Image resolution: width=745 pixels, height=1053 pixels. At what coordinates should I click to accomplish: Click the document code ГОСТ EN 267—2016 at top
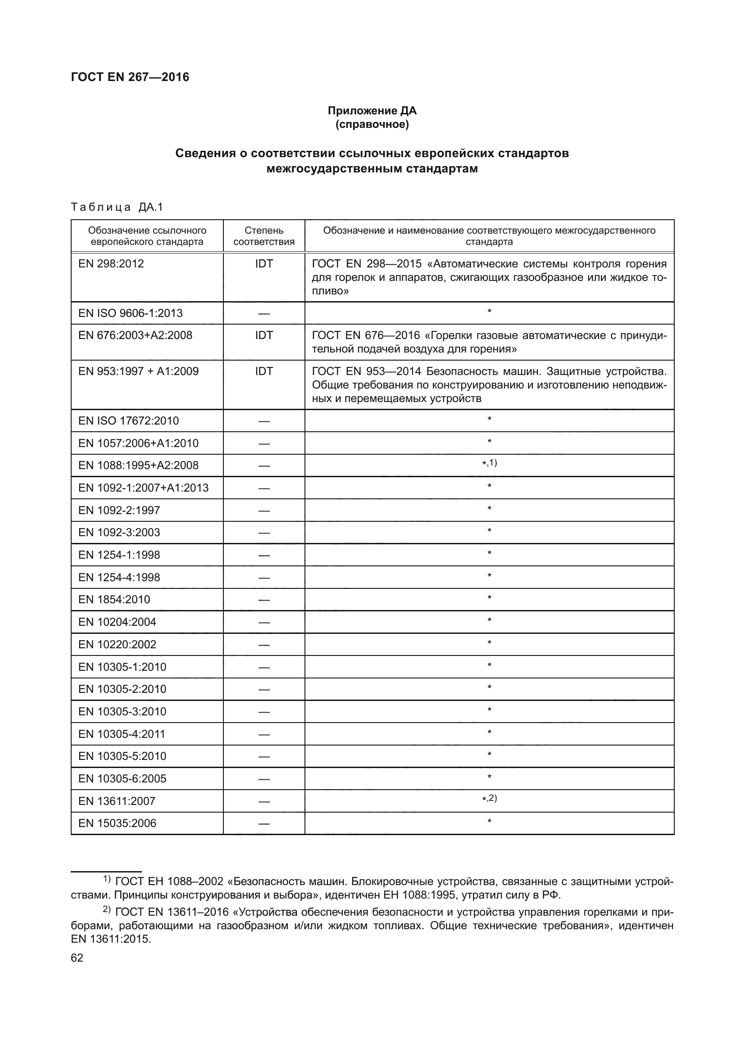(x=130, y=77)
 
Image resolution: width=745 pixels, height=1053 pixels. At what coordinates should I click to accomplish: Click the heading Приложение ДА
(x=372, y=111)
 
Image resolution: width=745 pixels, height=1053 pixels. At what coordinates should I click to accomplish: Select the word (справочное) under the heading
(x=372, y=125)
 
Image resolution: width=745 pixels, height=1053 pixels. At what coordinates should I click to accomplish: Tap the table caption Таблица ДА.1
(x=117, y=207)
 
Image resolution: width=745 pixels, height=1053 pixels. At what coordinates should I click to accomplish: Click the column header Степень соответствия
(x=264, y=236)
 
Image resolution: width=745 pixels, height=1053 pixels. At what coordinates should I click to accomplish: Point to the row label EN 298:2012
(x=111, y=264)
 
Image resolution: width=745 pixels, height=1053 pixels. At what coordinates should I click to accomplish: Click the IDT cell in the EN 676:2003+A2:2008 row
(x=264, y=335)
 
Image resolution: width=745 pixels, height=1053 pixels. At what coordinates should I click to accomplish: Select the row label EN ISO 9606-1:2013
(x=130, y=313)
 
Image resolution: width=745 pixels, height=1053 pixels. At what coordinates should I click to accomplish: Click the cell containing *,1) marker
(x=489, y=463)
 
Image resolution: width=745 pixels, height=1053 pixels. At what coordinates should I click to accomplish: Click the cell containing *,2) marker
(x=489, y=799)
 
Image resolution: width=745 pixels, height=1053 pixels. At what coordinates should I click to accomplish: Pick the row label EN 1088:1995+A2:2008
(x=138, y=465)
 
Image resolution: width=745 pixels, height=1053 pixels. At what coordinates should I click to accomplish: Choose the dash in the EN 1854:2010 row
(x=264, y=600)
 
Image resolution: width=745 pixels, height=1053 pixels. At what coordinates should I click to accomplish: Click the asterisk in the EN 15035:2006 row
(x=489, y=822)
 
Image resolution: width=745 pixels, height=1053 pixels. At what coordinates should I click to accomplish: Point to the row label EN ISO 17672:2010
(x=128, y=421)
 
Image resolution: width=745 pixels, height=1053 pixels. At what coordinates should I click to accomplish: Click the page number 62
(x=77, y=958)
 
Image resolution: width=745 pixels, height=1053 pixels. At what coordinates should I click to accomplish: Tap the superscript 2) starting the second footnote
(x=106, y=909)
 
